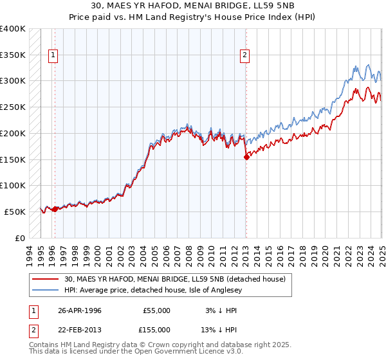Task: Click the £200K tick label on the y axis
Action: [13, 133]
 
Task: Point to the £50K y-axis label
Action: [15, 212]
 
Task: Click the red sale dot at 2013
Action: [246, 157]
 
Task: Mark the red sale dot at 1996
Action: [55, 209]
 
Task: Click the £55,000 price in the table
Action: [155, 310]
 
